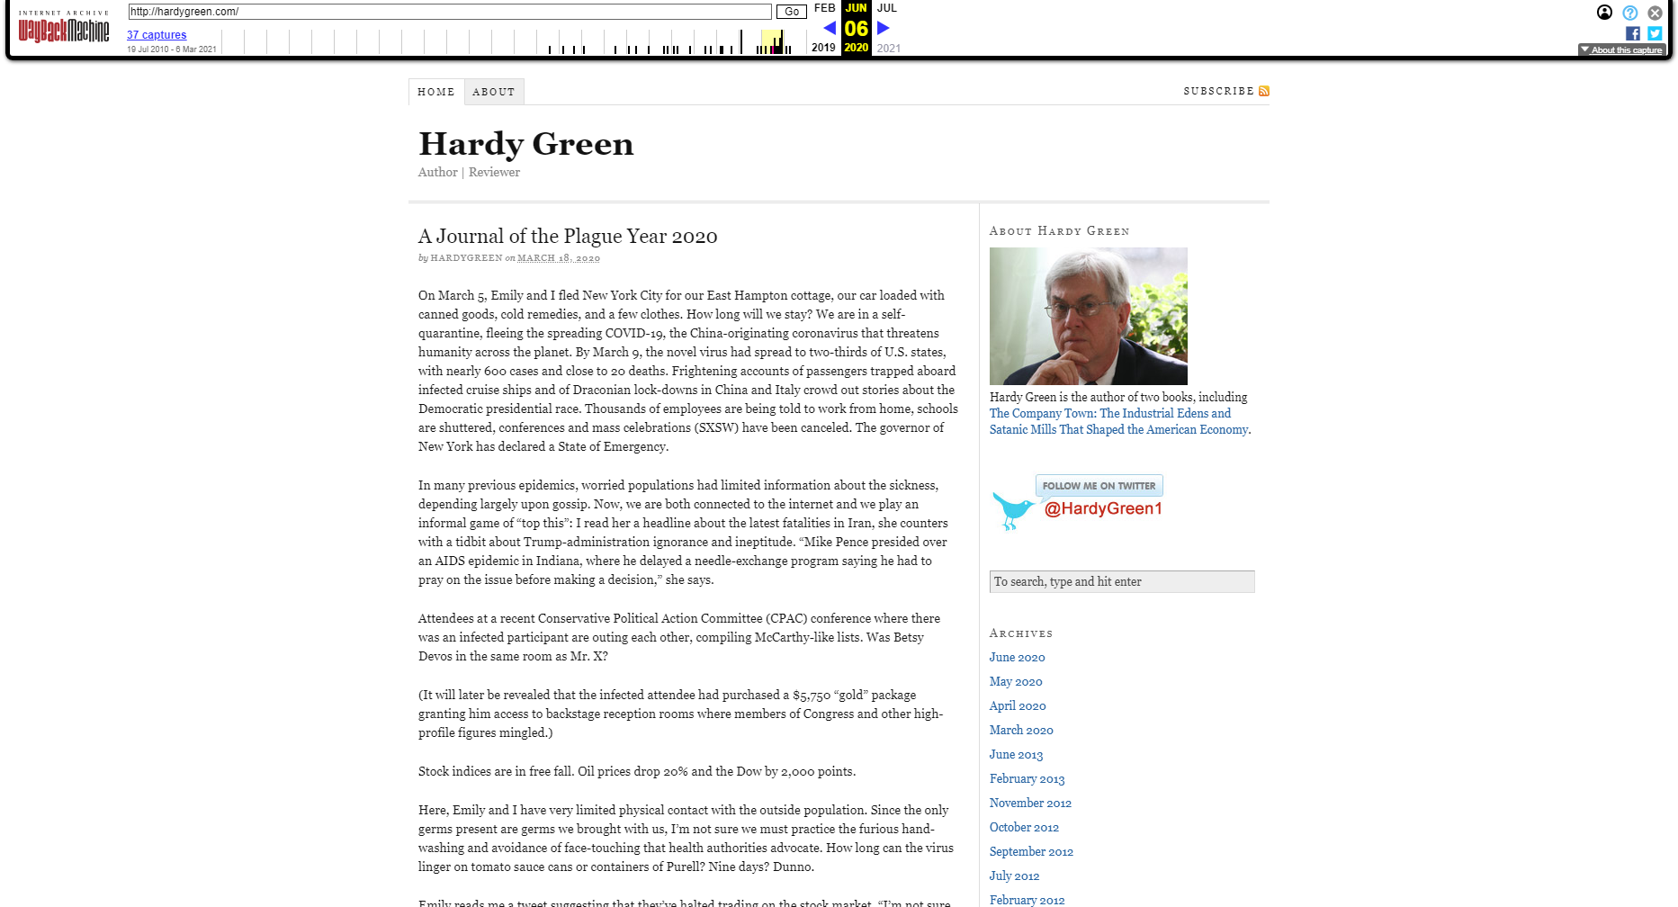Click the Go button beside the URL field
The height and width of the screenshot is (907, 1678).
(791, 12)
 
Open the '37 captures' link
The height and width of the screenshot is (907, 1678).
(157, 35)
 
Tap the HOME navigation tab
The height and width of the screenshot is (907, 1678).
(436, 92)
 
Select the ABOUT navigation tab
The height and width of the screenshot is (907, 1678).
(494, 92)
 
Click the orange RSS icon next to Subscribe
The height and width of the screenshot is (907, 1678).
(1264, 91)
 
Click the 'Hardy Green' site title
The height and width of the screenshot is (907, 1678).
(526, 144)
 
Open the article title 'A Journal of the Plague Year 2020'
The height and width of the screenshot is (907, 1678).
(568, 236)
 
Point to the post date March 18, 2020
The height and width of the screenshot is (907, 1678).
(558, 258)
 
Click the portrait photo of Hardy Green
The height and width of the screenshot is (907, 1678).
(1088, 316)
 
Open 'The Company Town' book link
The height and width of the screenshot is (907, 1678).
(1110, 413)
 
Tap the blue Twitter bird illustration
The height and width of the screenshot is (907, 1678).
(1012, 510)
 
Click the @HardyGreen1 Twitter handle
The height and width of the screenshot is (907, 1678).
(1103, 508)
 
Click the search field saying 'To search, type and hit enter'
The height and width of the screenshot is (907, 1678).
(1121, 581)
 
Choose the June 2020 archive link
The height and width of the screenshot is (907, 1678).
(1017, 657)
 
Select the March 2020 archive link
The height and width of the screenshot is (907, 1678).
(1021, 730)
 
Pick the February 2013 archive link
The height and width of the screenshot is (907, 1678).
(1027, 778)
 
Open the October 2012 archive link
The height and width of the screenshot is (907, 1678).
(1024, 827)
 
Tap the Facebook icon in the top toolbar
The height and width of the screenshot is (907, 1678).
(1633, 33)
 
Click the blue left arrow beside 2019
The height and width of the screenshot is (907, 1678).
(830, 28)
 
